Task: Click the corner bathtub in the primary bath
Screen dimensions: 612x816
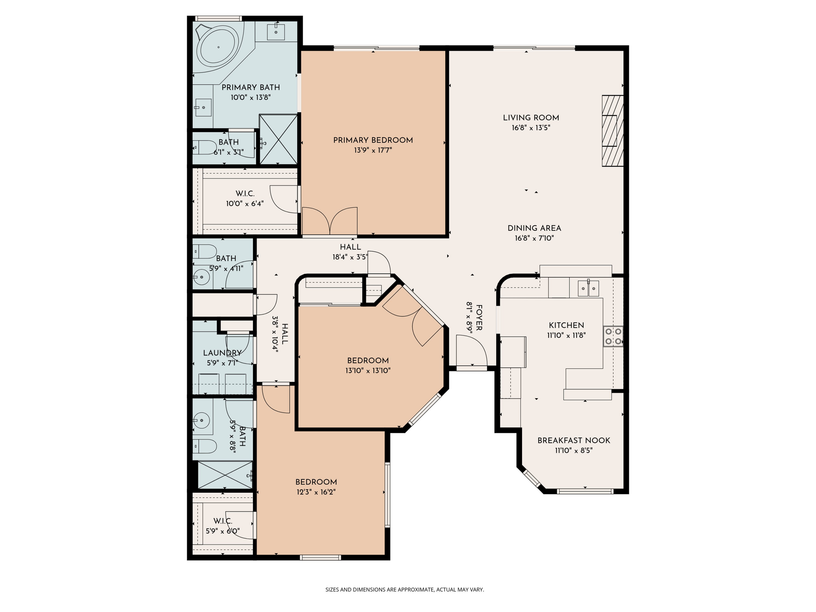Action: click(218, 47)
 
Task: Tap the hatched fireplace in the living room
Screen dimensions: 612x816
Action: click(612, 131)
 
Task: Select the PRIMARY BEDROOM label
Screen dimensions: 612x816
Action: click(373, 140)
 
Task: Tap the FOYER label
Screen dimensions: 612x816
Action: click(479, 318)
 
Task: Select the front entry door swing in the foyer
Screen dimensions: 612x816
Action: click(471, 350)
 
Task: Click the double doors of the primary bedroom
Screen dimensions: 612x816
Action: click(329, 221)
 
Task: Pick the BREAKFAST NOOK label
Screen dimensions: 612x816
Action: click(574, 440)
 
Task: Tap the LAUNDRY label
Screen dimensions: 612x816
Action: click(222, 353)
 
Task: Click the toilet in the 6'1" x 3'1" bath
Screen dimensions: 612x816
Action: click(205, 147)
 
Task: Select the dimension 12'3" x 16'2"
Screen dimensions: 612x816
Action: click(316, 492)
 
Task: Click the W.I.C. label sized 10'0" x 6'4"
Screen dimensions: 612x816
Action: click(245, 194)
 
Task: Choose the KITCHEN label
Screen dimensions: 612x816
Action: click(566, 325)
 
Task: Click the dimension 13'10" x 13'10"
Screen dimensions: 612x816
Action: click(368, 371)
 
